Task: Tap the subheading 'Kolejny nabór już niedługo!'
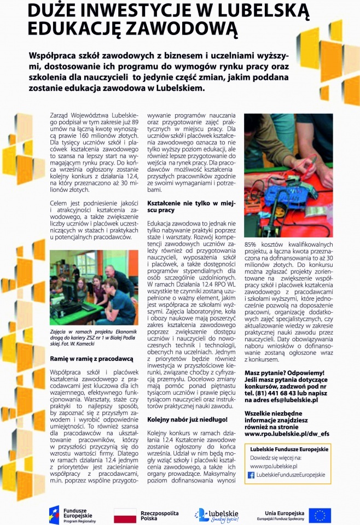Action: (x=187, y=419)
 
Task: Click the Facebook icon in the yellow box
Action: (x=251, y=475)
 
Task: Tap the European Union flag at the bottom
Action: (x=320, y=515)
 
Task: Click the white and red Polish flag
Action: (x=125, y=515)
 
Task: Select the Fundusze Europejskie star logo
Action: (x=54, y=515)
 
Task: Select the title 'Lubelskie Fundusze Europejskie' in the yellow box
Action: (x=288, y=449)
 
